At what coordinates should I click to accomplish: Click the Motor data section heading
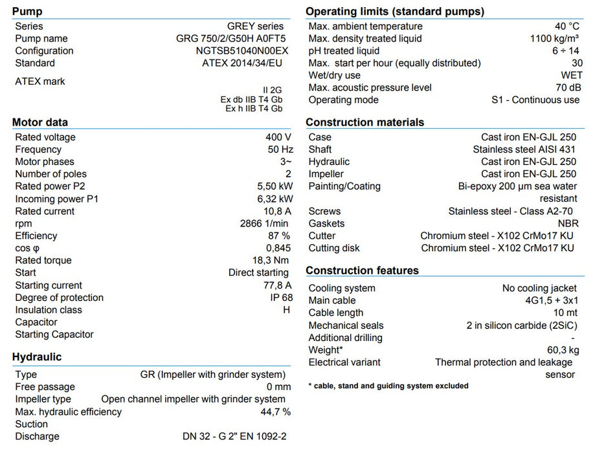pyautogui.click(x=40, y=122)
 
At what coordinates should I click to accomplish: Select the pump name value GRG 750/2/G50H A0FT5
pyautogui.click(x=230, y=39)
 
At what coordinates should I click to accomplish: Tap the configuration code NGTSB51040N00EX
pyautogui.click(x=242, y=51)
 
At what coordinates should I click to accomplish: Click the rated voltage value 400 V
pyautogui.click(x=278, y=137)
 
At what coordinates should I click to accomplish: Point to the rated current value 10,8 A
pyautogui.click(x=277, y=212)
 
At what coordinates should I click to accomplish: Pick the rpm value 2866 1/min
pyautogui.click(x=265, y=224)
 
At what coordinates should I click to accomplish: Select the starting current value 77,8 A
pyautogui.click(x=276, y=285)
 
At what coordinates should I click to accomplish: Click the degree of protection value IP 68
pyautogui.click(x=281, y=298)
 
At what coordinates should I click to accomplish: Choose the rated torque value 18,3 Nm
pyautogui.click(x=271, y=261)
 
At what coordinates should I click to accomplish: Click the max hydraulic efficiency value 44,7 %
pyautogui.click(x=275, y=412)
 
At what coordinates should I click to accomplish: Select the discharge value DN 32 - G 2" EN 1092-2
pyautogui.click(x=234, y=437)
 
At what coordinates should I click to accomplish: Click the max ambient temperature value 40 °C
pyautogui.click(x=567, y=27)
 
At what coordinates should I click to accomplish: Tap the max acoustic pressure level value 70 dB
pyautogui.click(x=567, y=88)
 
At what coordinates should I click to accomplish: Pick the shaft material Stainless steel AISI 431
pyautogui.click(x=524, y=149)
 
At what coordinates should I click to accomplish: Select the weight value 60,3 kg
pyautogui.click(x=561, y=351)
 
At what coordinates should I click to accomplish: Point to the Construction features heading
pyautogui.click(x=362, y=271)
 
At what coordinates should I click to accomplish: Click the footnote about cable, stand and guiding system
pyautogui.click(x=388, y=386)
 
